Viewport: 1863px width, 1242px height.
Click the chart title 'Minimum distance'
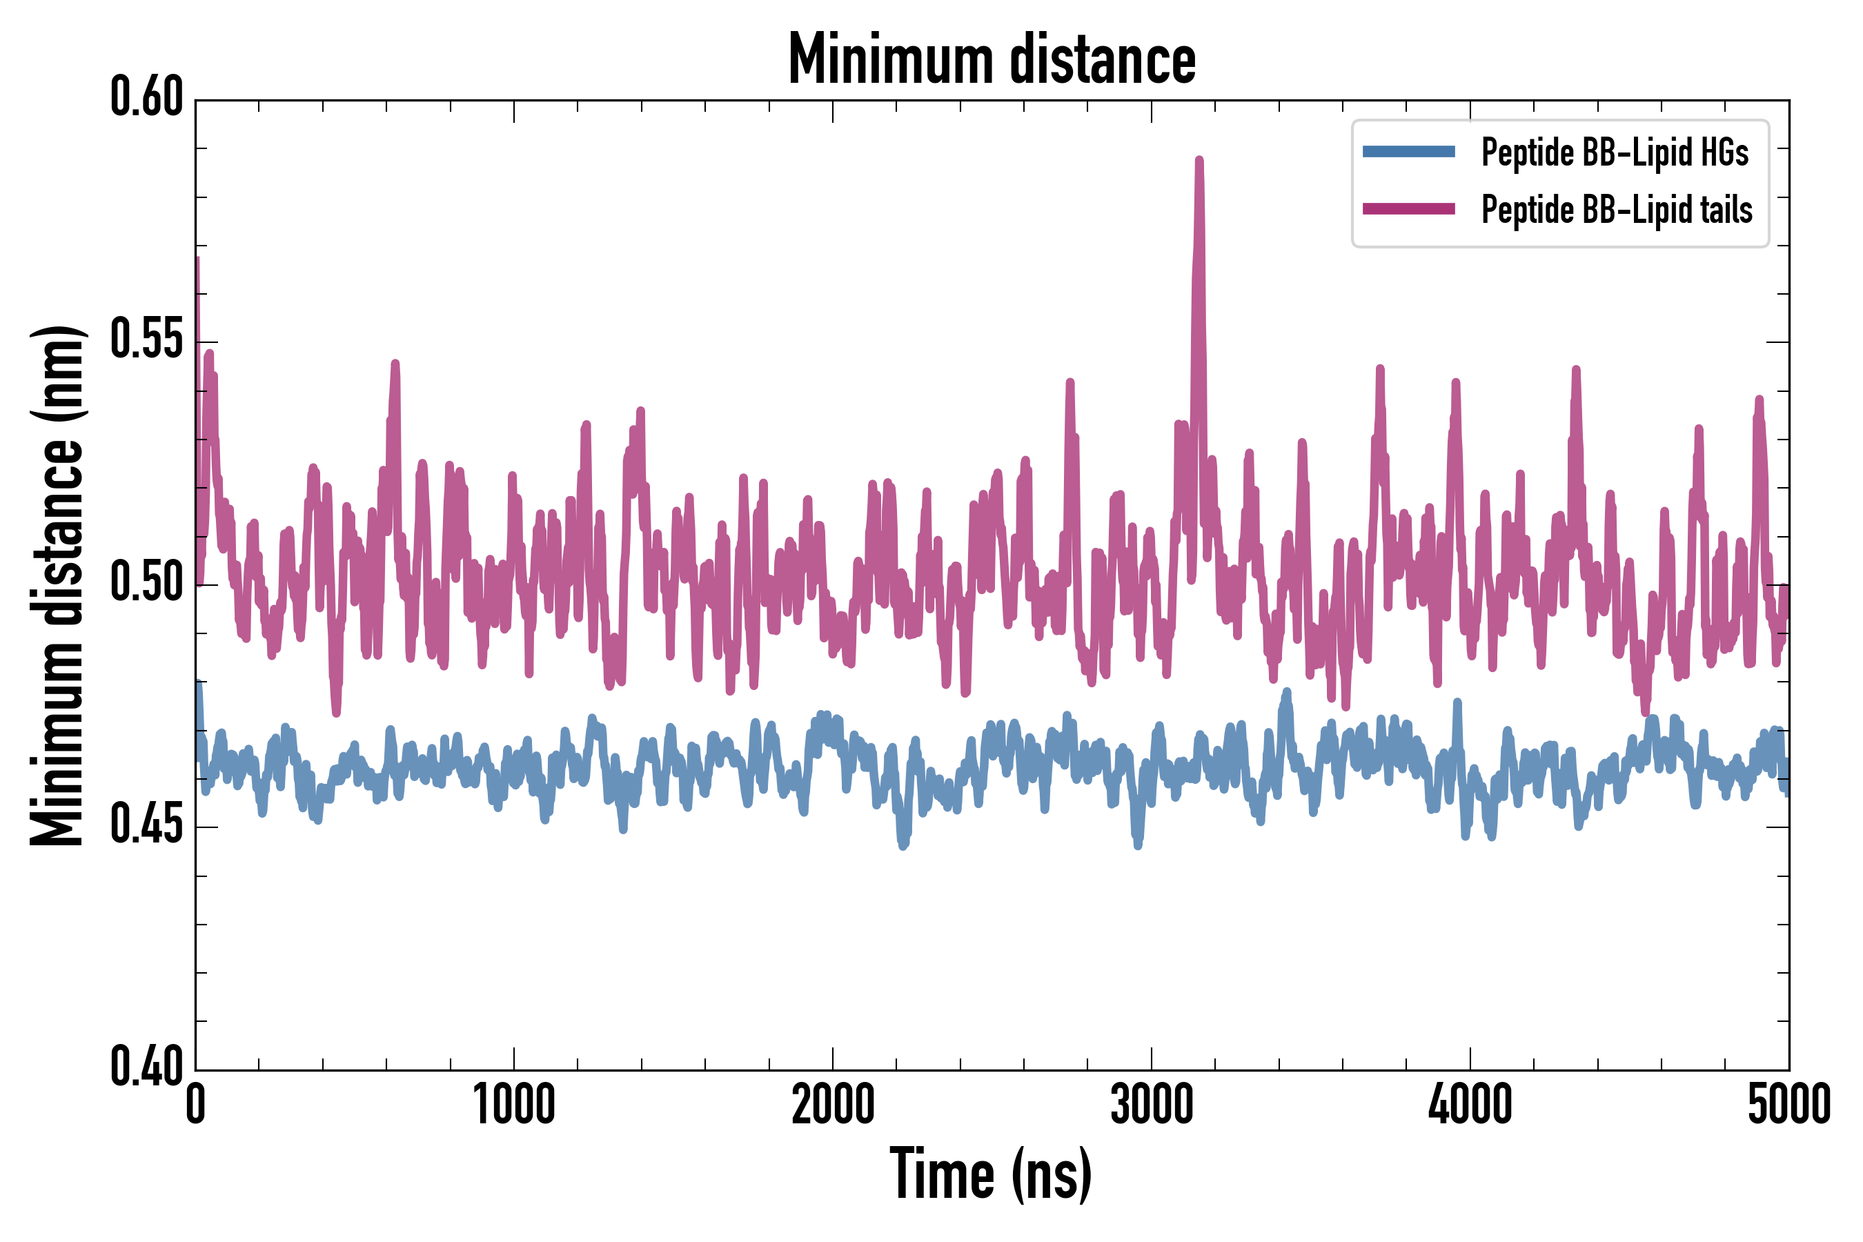tap(992, 59)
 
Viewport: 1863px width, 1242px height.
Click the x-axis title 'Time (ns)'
tap(991, 1174)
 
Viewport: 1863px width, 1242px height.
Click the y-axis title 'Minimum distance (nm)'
tap(57, 585)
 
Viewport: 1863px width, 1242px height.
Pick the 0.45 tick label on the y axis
tap(146, 825)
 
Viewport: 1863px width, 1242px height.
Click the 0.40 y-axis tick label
tap(146, 1067)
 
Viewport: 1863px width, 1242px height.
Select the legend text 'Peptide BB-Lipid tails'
tap(1617, 210)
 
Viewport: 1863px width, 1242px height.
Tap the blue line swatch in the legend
tap(1408, 152)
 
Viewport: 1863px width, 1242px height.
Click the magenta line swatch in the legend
tap(1408, 209)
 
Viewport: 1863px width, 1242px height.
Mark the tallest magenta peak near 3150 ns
tap(1199, 161)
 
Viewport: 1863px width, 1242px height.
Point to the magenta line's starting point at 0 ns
tap(197, 260)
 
